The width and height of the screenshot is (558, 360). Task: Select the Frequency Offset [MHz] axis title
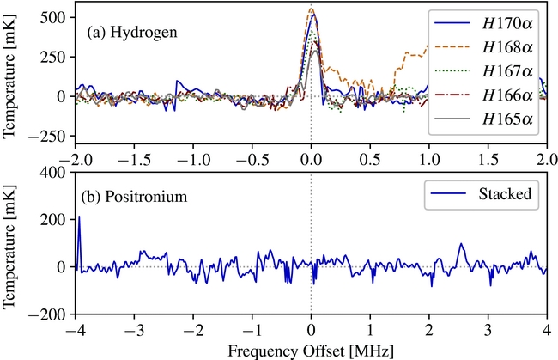[312, 351]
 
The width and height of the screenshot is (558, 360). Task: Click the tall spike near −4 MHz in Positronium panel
[79, 217]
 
